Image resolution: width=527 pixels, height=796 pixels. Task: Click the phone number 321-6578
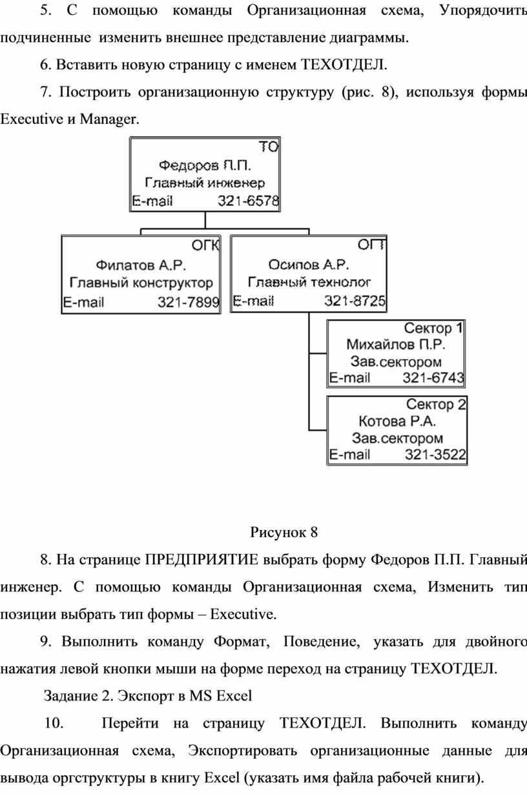coord(248,201)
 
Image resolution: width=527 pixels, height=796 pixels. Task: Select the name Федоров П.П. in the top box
coord(205,166)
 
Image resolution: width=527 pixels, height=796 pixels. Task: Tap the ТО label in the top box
coord(269,147)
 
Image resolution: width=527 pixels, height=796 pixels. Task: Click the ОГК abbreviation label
coord(205,245)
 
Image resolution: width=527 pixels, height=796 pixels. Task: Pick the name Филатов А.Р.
coord(141,265)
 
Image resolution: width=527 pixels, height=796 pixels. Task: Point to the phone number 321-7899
coord(189,302)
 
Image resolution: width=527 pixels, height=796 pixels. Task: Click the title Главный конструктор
coord(141,283)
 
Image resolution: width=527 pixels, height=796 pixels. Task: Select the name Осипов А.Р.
coord(308,265)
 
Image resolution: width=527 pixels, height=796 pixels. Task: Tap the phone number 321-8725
coord(355,301)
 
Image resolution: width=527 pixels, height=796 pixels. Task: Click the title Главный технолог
coord(309,282)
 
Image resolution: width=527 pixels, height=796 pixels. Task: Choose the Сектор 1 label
coord(433,329)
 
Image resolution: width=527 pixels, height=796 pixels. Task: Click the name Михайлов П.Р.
coord(396,344)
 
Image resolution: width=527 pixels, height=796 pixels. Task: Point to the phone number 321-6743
coord(433,378)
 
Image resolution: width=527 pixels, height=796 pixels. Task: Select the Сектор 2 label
coord(436,404)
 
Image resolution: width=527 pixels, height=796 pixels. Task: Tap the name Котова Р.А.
coord(397,422)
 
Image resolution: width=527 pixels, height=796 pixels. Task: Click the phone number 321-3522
coord(435,454)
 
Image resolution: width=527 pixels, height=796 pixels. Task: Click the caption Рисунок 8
coord(284,533)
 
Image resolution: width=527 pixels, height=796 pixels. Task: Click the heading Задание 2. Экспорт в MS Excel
coord(148,696)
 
